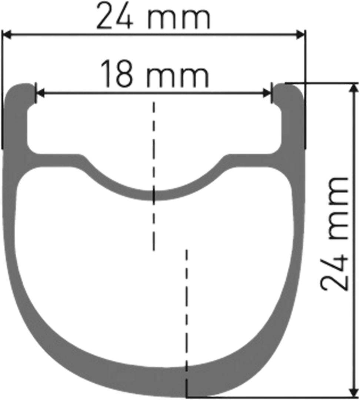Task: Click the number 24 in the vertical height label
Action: (x=334, y=273)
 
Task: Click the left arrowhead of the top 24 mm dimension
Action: (x=7, y=35)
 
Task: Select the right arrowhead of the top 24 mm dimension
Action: (x=300, y=35)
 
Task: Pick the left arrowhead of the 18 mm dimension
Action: (x=40, y=93)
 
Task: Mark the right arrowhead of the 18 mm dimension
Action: (x=267, y=93)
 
